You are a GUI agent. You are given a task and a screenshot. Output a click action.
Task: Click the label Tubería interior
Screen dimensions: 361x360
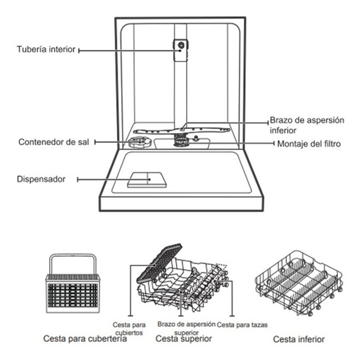click(46, 49)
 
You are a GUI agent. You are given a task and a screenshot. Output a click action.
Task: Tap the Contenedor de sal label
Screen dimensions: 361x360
click(53, 142)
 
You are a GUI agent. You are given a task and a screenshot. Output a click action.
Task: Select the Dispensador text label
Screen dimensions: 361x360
click(41, 179)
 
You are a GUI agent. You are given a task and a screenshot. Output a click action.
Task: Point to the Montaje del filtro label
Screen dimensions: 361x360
click(309, 144)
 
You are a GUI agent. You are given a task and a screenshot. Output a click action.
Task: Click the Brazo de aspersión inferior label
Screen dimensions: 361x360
click(307, 125)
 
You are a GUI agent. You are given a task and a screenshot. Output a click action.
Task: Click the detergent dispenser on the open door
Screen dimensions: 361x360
click(147, 180)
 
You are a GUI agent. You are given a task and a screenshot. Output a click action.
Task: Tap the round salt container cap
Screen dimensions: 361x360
click(139, 142)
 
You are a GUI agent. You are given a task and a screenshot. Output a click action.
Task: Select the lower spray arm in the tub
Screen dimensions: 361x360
click(182, 131)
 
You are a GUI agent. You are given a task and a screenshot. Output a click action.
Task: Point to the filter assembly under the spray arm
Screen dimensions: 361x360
click(180, 141)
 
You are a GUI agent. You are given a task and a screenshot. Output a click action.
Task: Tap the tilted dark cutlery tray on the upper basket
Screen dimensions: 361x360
click(160, 263)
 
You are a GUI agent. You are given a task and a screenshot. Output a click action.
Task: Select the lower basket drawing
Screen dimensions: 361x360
click(298, 283)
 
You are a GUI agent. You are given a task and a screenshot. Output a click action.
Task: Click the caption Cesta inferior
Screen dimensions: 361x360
click(299, 339)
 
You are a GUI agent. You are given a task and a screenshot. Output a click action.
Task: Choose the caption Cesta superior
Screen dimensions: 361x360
click(183, 338)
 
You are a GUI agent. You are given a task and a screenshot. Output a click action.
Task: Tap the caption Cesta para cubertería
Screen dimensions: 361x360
click(85, 338)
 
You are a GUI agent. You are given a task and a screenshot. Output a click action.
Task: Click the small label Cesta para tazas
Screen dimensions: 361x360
click(242, 325)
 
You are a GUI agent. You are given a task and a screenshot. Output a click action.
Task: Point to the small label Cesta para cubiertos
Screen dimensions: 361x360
click(129, 329)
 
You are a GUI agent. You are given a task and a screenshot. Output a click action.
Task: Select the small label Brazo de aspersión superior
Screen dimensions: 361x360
click(186, 328)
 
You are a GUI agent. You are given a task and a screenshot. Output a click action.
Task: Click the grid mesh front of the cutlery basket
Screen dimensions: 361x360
click(73, 296)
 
